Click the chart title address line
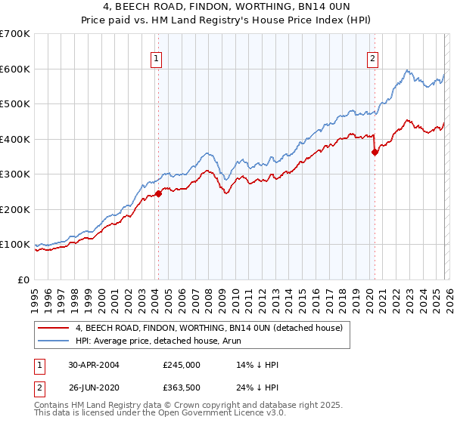click(x=227, y=8)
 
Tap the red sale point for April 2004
click(x=159, y=193)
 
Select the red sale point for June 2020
click(x=375, y=152)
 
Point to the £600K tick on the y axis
click(x=17, y=69)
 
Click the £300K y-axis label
click(x=17, y=174)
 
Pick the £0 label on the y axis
click(x=25, y=280)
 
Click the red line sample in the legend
click(x=54, y=328)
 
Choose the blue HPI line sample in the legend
click(x=54, y=341)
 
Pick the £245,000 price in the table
click(x=181, y=365)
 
